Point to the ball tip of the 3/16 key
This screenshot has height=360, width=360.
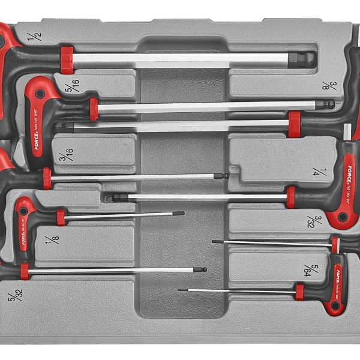pyautogui.click(x=222, y=176)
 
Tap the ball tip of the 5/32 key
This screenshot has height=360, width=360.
pyautogui.click(x=202, y=270)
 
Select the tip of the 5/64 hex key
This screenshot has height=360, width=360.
pyautogui.click(x=180, y=290)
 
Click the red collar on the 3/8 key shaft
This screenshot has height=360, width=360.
pyautogui.click(x=295, y=124)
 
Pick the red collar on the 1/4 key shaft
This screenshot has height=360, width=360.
pyautogui.click(x=291, y=197)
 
